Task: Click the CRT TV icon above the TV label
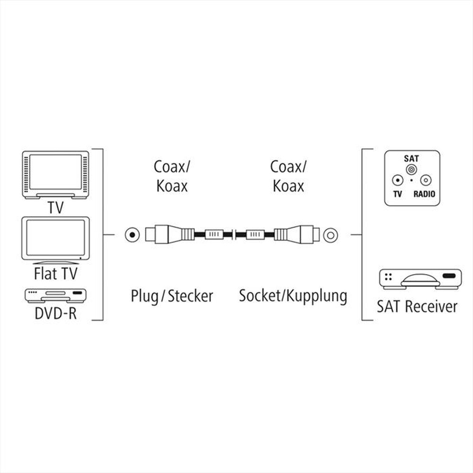[x=55, y=174]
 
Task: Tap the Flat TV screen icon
[x=55, y=239]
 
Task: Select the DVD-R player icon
[x=55, y=296]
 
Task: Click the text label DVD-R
[x=55, y=313]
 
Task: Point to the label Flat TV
[x=55, y=273]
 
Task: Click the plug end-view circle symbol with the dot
[x=132, y=234]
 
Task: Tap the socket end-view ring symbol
[x=330, y=234]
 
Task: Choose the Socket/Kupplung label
[x=293, y=296]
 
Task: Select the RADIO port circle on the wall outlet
[x=426, y=180]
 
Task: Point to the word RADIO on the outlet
[x=424, y=194]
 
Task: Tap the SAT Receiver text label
[x=417, y=306]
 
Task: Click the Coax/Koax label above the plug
[x=171, y=176]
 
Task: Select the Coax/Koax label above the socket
[x=288, y=176]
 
